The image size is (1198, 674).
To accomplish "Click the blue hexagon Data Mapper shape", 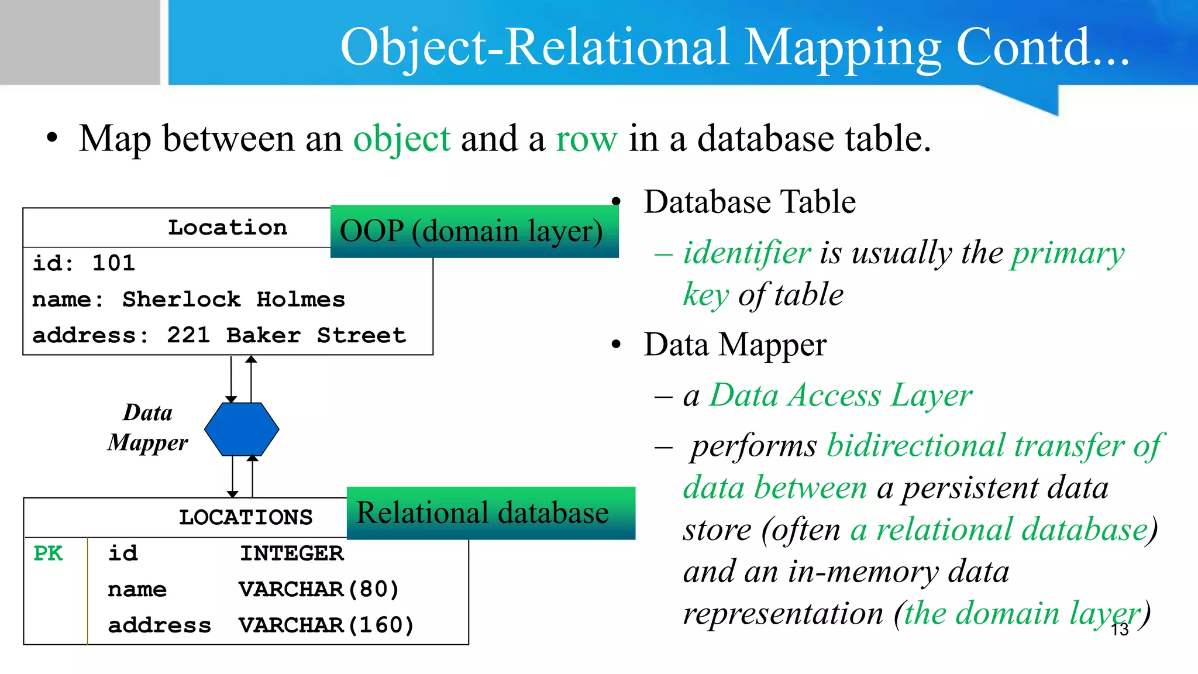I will tap(242, 429).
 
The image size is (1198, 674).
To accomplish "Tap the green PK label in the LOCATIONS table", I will tap(48, 553).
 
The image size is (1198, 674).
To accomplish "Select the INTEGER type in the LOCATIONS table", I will tap(292, 553).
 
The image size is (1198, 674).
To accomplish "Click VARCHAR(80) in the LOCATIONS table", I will tap(319, 589).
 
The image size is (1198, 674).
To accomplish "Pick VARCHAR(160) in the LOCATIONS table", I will tap(326, 625).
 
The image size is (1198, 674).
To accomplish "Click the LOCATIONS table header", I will tap(246, 518).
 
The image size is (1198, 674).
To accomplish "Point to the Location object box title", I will tap(228, 228).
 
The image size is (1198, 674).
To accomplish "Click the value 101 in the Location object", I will tap(113, 263).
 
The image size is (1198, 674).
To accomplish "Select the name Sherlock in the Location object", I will tap(181, 300).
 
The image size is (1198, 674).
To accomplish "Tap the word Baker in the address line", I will tap(263, 335).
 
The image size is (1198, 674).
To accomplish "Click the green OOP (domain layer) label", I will tap(471, 232).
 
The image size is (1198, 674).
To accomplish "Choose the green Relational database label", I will tap(483, 513).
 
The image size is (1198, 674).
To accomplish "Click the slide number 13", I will tap(1120, 630).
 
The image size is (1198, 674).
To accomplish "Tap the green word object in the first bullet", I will tap(402, 139).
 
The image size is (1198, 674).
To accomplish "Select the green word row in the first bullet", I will tap(586, 139).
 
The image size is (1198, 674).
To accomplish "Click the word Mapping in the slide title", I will tap(843, 48).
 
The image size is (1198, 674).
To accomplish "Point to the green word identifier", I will tap(747, 253).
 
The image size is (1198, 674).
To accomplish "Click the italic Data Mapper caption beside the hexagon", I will tap(148, 428).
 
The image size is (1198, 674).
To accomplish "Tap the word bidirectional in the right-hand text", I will tap(916, 446).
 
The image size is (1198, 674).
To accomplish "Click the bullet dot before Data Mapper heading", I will tap(616, 345).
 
